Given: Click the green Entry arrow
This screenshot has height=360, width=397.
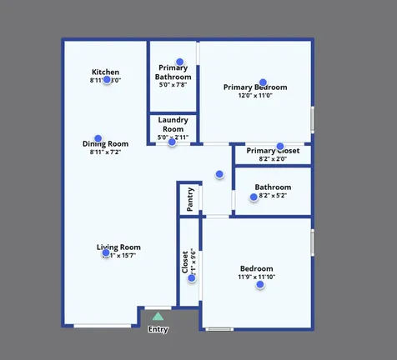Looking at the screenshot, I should [158, 317].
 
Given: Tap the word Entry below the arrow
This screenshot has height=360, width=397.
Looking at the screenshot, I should [158, 329].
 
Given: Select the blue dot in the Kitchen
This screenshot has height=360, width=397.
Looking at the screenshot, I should [107, 80].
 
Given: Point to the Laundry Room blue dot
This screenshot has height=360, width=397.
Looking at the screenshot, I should [172, 142].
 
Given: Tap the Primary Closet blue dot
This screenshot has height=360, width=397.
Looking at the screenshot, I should [280, 146].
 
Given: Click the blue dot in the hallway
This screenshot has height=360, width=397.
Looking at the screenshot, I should [219, 174].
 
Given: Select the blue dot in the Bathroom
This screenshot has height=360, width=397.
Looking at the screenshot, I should [254, 197].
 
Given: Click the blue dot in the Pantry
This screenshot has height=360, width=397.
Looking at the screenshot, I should [202, 199].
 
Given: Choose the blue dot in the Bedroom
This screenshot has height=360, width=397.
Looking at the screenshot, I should [260, 285].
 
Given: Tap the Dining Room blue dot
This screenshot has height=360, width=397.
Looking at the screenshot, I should [98, 138].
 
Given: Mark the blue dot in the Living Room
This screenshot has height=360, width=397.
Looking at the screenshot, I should [106, 253].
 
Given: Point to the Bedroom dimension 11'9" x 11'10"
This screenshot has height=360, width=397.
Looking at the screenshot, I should [256, 277].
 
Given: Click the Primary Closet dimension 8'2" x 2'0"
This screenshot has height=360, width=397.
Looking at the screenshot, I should [273, 158].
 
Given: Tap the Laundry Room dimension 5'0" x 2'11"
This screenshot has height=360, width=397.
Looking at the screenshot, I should [173, 137].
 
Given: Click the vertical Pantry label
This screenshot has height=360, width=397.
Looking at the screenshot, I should [190, 200].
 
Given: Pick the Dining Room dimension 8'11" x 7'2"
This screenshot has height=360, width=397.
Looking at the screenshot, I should [105, 152].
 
